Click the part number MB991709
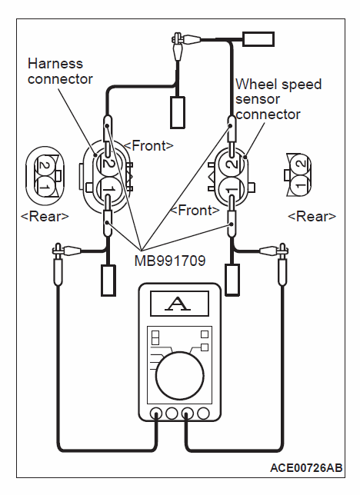coord(170,261)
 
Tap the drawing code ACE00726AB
coord(306,468)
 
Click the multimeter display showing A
coord(179,304)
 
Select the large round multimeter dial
coord(179,375)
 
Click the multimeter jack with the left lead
coord(156,414)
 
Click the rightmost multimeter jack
coord(203,414)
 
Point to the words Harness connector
coord(60,71)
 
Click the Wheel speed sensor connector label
coord(278,99)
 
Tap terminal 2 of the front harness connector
coord(108,163)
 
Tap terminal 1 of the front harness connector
coord(108,189)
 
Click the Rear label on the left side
coord(45,217)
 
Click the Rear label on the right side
coord(312,217)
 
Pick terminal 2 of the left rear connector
coord(45,164)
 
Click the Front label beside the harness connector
coord(148,146)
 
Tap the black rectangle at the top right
coord(258,39)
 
